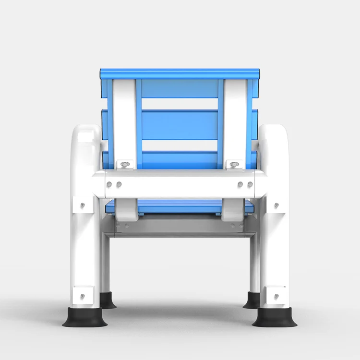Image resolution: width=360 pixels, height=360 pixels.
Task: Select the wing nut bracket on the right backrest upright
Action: [x=234, y=165]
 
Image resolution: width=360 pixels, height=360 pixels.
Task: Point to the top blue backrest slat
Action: [x=180, y=74]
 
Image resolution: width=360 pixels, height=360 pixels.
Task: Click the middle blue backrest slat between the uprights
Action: [x=180, y=124]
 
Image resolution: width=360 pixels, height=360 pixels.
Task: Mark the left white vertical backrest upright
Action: [x=124, y=120]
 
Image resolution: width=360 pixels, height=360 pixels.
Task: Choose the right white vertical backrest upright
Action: [x=235, y=120]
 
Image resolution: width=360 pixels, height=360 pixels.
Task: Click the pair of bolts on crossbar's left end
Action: [x=114, y=184]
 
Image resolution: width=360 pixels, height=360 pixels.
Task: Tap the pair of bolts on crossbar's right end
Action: [x=245, y=184]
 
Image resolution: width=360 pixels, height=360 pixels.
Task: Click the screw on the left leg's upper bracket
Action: [x=83, y=205]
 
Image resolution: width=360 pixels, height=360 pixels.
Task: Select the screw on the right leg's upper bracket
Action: [x=276, y=205]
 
